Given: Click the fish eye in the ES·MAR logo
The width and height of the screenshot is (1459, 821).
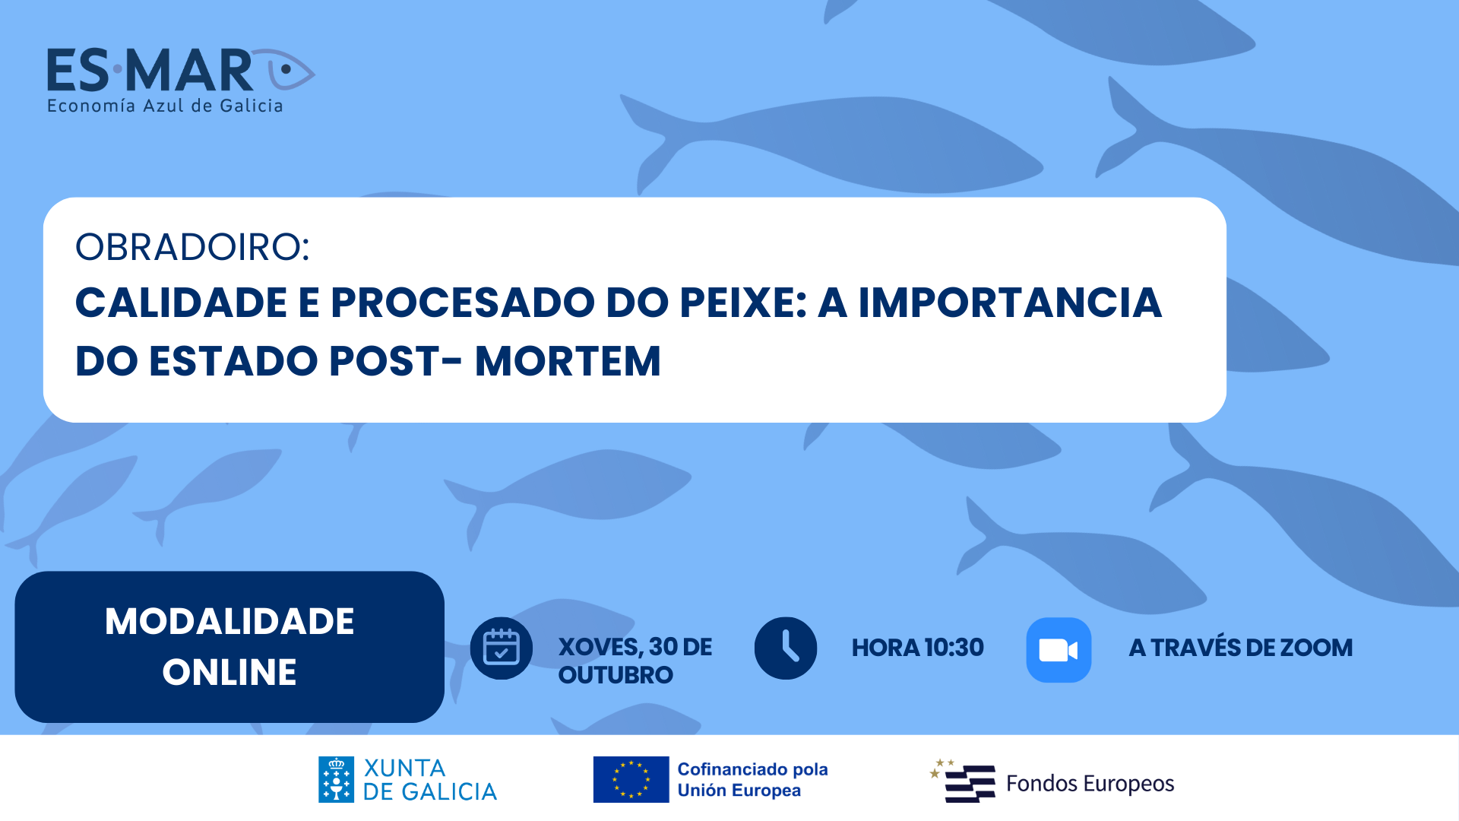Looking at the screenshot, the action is coord(286,69).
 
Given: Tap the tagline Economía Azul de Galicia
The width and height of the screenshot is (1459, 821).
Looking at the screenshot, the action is coord(165,106).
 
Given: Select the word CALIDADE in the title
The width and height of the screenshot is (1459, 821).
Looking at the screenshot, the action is coord(181,303).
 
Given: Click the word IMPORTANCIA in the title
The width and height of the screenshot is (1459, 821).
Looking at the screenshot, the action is coord(1010,303).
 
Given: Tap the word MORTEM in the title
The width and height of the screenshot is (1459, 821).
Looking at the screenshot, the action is coord(568,361).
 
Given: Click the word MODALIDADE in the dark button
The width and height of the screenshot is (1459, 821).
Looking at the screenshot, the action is coord(229,621).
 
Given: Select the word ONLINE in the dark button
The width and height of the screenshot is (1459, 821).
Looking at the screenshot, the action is coord(229,672).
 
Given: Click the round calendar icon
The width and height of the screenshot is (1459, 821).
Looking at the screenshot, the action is coord(502,648).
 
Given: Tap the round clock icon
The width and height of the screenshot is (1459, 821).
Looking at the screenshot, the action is coord(786,648).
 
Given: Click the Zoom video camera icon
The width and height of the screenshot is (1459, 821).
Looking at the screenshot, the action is coord(1059,650).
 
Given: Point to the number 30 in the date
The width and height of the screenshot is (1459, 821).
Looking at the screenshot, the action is coord(663,647).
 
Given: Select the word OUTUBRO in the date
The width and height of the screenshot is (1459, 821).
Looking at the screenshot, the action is coord(616,675).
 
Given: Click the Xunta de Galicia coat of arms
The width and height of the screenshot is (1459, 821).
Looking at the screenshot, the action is coord(336,779).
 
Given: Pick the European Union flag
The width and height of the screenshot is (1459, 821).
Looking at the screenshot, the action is coord(631,779).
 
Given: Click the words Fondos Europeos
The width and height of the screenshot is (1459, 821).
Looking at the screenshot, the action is coord(1090,783).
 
